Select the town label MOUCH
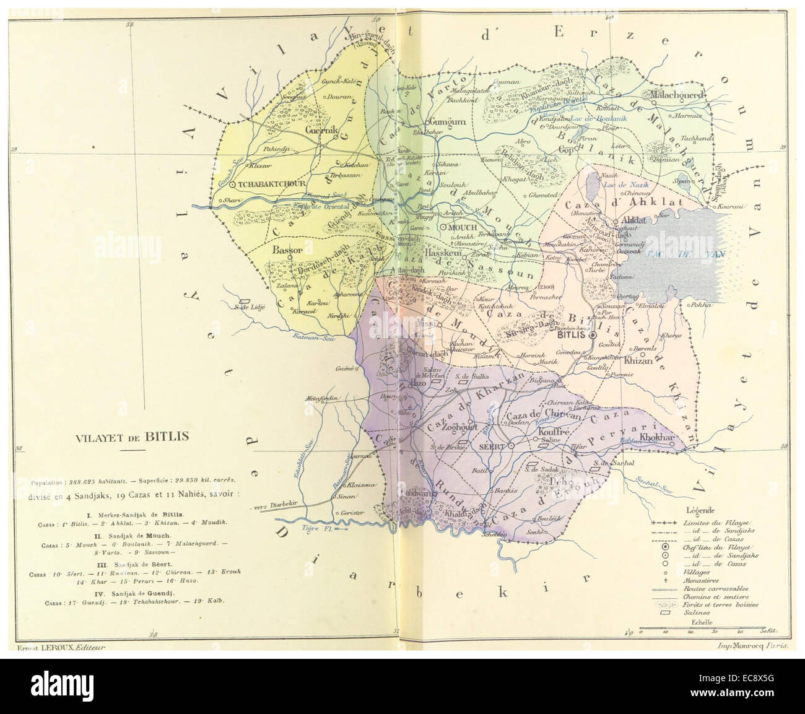[x=459, y=227]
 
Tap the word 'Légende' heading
[x=701, y=510]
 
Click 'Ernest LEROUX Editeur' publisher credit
[x=59, y=647]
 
